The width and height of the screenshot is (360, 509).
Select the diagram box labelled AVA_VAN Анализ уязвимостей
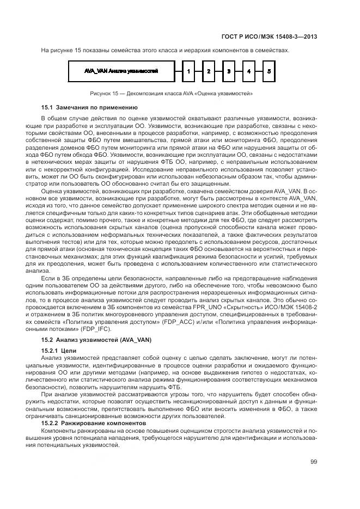pyautogui.click(x=121, y=71)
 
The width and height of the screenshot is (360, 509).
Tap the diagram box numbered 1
pyautogui.click(x=187, y=71)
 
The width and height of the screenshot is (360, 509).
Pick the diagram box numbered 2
pyautogui.click(x=208, y=71)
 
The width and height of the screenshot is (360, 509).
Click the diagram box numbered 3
pyautogui.click(x=229, y=71)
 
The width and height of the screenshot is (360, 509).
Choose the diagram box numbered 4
pyautogui.click(x=249, y=71)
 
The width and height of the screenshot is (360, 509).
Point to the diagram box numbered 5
pyautogui.click(x=269, y=71)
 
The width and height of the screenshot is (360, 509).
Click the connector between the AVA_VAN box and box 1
pyautogui.click(x=177, y=71)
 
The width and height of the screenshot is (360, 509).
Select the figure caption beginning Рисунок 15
pyautogui.click(x=171, y=93)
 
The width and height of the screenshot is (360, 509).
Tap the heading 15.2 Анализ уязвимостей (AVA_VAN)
pyautogui.click(x=89, y=340)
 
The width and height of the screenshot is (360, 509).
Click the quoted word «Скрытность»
pyautogui.click(x=241, y=308)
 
